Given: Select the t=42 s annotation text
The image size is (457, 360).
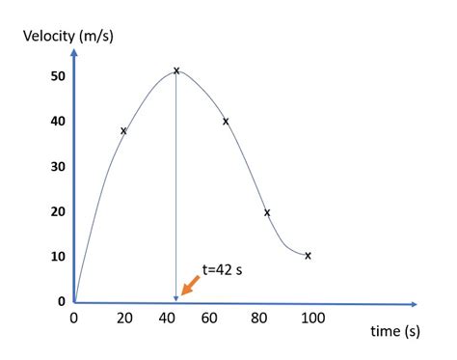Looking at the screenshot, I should pos(222,270).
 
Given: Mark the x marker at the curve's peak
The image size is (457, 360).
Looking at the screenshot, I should pos(176,70).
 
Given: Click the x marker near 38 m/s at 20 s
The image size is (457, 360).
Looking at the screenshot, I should pos(123,130).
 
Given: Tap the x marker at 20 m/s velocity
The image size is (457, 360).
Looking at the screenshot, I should pos(267,212).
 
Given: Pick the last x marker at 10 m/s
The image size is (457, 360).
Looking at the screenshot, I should pos(308,256).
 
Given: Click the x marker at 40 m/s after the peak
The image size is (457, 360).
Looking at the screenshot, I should pos(226,122).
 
